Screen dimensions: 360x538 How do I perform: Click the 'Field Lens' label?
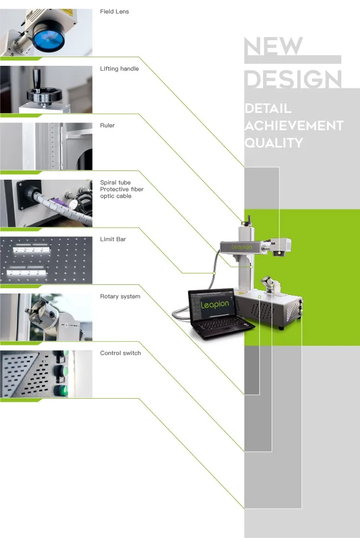point(114,12)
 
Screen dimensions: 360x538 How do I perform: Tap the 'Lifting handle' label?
point(119,69)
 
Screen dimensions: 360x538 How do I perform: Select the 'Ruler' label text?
point(107,125)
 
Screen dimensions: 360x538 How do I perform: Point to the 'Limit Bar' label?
point(113,239)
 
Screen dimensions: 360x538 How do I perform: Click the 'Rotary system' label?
point(120,296)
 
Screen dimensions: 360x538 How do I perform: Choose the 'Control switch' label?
point(120,353)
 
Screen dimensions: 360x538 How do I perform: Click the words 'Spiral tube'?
point(115,183)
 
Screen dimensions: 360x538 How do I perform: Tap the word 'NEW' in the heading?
point(274,47)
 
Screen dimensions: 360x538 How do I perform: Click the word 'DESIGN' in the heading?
point(293,79)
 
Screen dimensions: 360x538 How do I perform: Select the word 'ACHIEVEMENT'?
point(294,126)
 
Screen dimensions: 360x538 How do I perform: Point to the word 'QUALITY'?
point(274,143)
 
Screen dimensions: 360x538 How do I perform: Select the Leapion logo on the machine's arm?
point(242,247)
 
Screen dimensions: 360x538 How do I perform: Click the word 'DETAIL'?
point(268,109)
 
